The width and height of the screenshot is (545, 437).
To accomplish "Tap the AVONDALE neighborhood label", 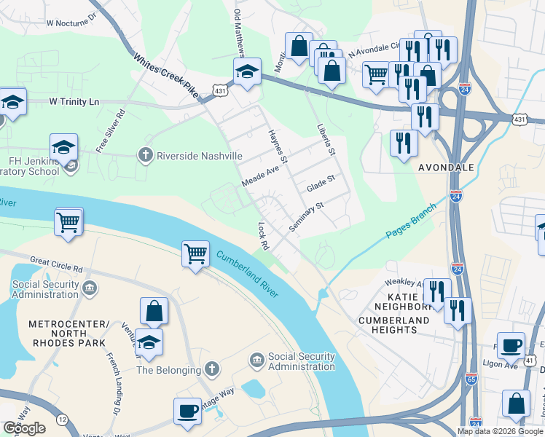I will tap(446, 168).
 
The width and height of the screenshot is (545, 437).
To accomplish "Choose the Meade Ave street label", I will tap(261, 176).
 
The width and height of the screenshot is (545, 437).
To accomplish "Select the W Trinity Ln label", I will tap(74, 101).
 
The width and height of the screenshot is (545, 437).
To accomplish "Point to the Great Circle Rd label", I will tap(56, 264).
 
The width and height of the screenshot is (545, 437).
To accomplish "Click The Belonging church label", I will tap(168, 370).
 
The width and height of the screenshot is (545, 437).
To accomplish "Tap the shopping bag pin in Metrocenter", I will tap(154, 311).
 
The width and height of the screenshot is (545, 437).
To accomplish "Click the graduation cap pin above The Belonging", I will tap(149, 343).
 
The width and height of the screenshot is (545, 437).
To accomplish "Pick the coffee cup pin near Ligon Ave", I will tap(511, 345).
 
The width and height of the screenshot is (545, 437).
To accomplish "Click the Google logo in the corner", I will tap(24, 428).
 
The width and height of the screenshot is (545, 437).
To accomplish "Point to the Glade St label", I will tap(320, 184).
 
